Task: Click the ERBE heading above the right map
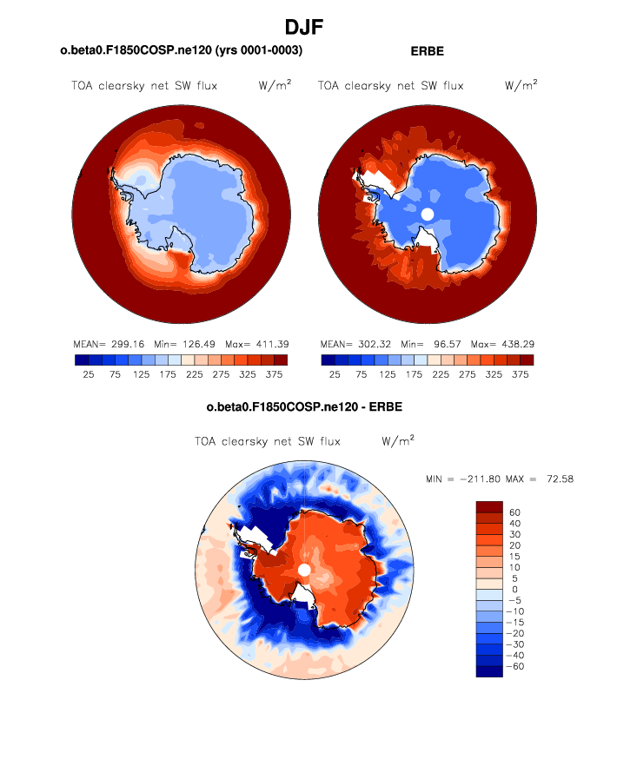(427, 51)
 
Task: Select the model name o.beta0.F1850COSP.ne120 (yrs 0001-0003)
(181, 51)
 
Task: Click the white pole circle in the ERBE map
(427, 214)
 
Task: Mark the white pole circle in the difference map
(304, 570)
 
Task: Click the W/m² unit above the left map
(275, 85)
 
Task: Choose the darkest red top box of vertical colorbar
(489, 506)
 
